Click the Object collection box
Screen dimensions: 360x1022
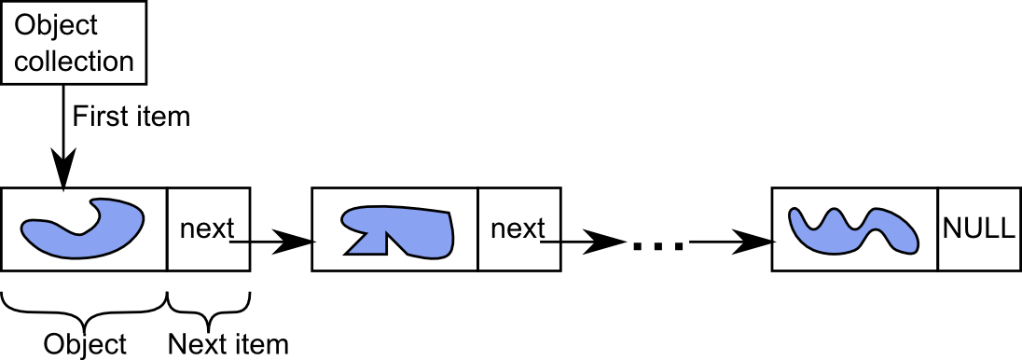74,43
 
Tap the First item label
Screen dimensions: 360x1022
131,117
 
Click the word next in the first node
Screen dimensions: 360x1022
206,228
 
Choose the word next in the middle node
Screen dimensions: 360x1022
517,228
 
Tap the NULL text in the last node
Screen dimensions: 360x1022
978,228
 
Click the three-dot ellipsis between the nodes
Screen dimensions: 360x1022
658,245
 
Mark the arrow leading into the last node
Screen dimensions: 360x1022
731,242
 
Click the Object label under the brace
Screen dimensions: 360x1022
85,344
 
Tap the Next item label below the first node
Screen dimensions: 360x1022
228,344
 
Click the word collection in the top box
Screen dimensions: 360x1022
75,62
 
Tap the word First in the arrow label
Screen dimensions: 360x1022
97,117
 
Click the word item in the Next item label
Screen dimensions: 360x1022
262,344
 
